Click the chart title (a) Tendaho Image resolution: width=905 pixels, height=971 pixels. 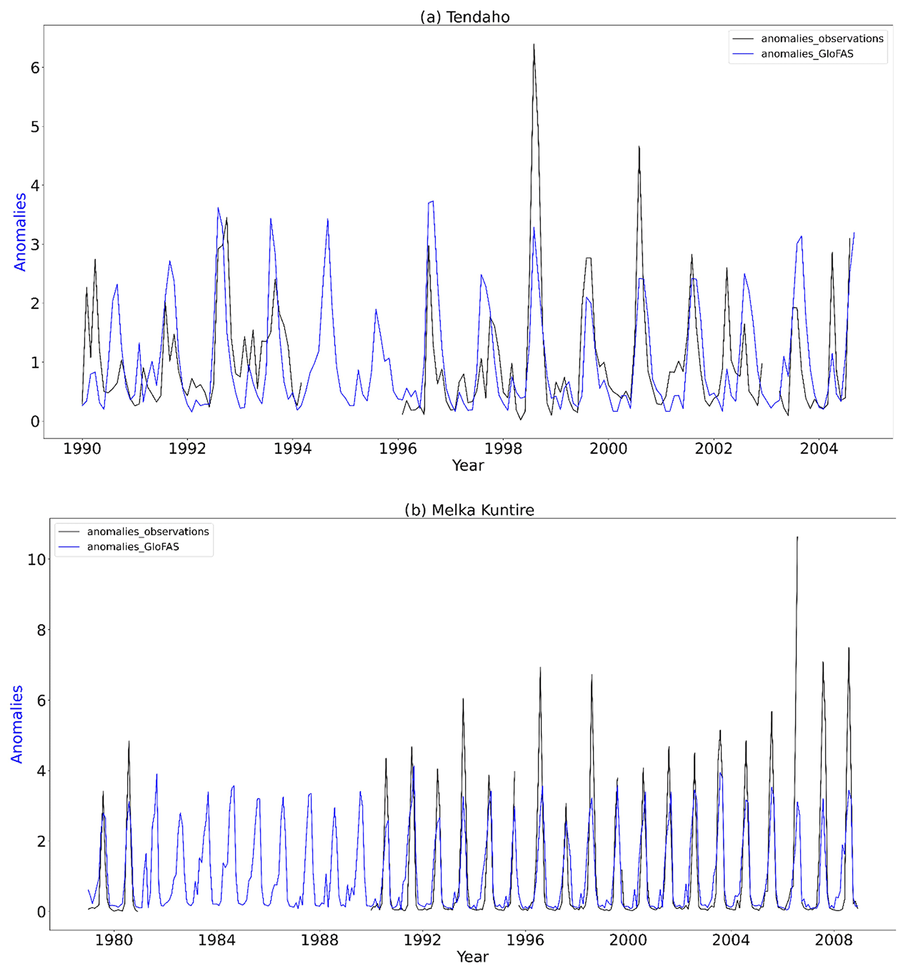(x=465, y=17)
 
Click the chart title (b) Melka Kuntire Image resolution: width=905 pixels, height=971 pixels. (x=469, y=510)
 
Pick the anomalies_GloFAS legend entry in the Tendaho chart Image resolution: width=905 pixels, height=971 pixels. (x=807, y=54)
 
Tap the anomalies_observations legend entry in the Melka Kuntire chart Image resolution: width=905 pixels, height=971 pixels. (x=148, y=531)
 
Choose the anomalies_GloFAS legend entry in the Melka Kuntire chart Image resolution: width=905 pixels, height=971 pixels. (x=133, y=546)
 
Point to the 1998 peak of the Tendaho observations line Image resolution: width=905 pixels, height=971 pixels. (x=533, y=45)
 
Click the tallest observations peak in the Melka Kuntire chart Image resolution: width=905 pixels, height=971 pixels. (x=797, y=537)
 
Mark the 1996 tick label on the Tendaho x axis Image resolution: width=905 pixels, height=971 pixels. (x=398, y=448)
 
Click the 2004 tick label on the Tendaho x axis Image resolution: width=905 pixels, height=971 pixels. (x=819, y=448)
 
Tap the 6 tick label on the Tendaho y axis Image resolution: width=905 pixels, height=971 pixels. (x=35, y=68)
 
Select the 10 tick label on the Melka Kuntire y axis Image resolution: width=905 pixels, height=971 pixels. (x=36, y=560)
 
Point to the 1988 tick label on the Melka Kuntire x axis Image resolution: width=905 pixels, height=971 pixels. (x=320, y=940)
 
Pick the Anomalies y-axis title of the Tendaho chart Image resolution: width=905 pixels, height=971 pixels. (x=20, y=232)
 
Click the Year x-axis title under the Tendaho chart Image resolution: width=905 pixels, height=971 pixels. (x=468, y=465)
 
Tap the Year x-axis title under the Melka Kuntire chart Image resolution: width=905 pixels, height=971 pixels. (x=472, y=957)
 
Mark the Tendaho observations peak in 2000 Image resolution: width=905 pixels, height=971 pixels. (x=639, y=147)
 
